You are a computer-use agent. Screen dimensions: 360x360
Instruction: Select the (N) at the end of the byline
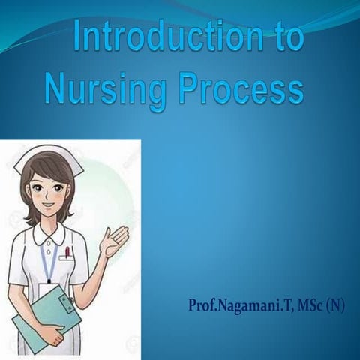334,307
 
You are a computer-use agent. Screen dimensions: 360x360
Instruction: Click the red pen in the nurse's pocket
67,250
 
